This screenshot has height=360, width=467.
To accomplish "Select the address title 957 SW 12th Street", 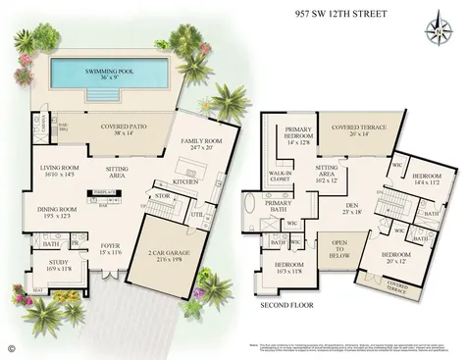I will pyautogui.click(x=339, y=15).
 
